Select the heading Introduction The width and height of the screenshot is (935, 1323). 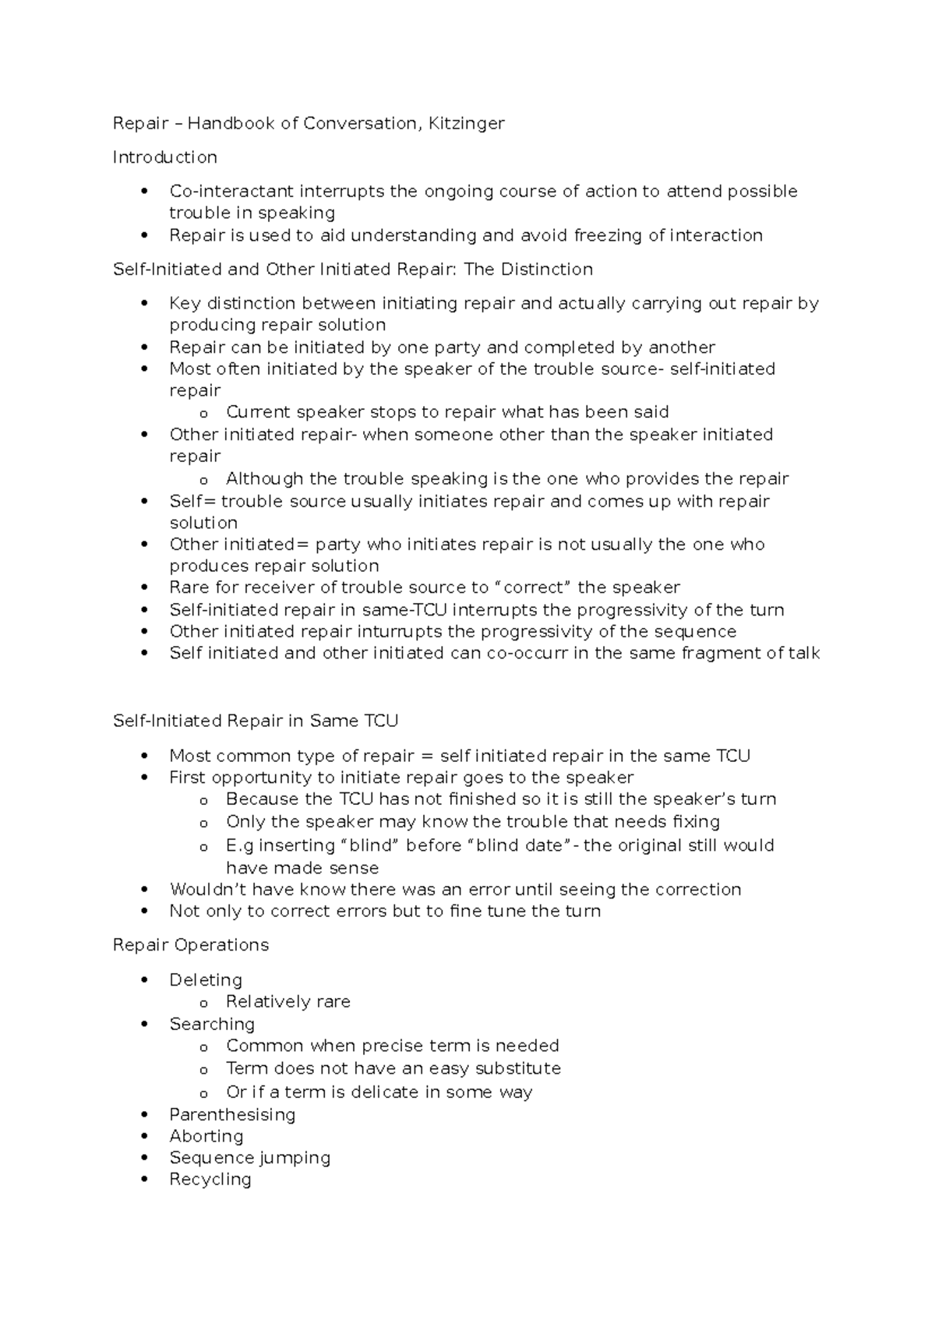pos(165,157)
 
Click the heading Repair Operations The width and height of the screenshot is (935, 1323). pos(191,945)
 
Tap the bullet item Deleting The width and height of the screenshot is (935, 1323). pos(206,979)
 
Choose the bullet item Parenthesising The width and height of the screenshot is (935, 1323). pos(232,1114)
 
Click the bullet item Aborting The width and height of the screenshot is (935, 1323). pos(206,1136)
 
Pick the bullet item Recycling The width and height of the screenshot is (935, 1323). pos(210,1180)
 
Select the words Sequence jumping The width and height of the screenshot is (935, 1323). pos(250,1158)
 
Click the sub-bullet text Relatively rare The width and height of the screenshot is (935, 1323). pos(288,1002)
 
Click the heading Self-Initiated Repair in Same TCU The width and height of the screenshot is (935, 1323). pos(256,721)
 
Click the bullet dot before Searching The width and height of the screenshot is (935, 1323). pos(144,1025)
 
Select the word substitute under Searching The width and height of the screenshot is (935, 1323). pos(518,1068)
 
